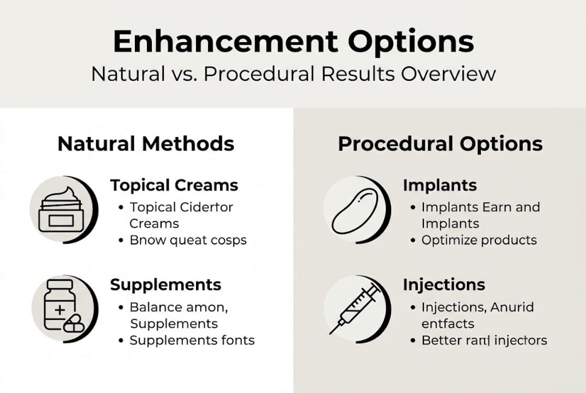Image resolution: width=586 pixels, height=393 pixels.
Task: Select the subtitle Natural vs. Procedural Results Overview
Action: point(293,74)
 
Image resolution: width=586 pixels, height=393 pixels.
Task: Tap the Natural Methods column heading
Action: point(146,144)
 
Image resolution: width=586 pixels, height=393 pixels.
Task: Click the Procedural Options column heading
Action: point(440,144)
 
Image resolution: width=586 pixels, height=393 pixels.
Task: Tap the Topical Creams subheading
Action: point(174,186)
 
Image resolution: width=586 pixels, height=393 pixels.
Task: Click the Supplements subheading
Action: point(165,284)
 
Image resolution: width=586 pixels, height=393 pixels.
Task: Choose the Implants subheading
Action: point(440,186)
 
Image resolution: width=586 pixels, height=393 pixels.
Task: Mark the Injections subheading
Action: point(444,284)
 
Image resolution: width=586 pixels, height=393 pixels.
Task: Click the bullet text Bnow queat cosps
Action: point(188,240)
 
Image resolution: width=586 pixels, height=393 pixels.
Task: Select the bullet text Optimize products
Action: point(479,240)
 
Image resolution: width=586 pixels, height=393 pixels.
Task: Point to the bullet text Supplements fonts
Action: point(192,341)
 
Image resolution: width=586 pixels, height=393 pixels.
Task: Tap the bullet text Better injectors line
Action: point(484,341)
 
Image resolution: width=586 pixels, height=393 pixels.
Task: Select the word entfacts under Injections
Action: point(448,324)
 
